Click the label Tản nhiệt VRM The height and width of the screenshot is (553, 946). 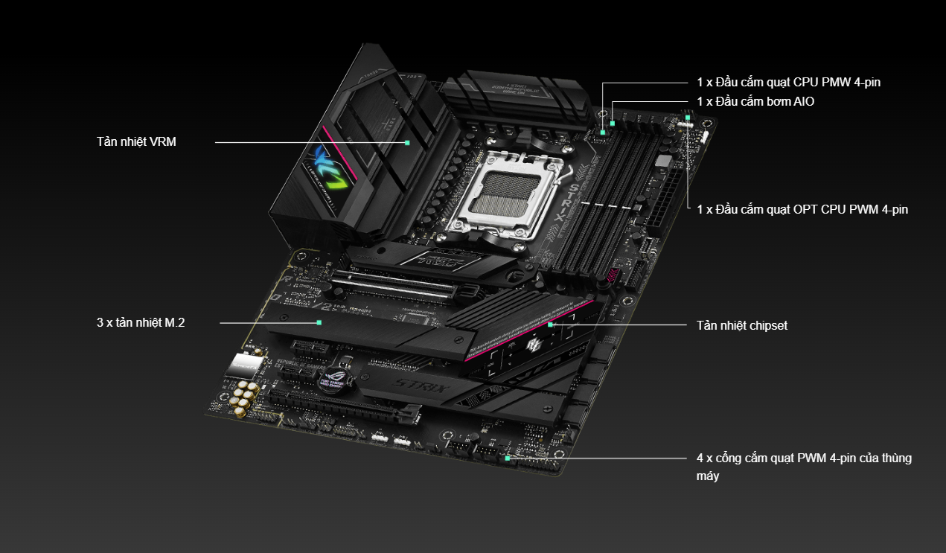(136, 142)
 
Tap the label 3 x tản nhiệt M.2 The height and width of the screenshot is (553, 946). (141, 323)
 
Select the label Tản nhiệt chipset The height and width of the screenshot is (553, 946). (742, 326)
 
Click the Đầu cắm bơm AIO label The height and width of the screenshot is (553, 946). (755, 102)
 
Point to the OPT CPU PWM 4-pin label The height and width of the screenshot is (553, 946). (802, 210)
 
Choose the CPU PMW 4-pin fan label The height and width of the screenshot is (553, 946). (788, 83)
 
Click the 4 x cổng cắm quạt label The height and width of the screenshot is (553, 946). (804, 467)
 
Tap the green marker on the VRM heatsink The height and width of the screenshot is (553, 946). (407, 143)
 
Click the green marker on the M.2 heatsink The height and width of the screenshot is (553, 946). (319, 323)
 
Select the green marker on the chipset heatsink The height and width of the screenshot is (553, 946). (550, 325)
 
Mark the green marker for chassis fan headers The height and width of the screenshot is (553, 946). (507, 458)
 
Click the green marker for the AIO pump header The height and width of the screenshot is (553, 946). (613, 124)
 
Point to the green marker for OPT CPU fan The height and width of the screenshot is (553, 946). (688, 118)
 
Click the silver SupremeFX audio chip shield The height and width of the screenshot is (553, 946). (246, 365)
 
